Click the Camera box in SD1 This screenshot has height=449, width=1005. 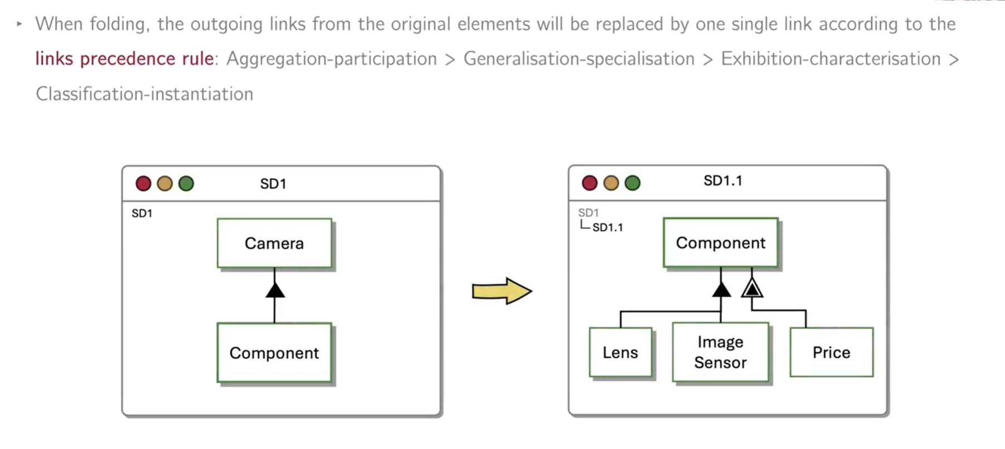tap(274, 243)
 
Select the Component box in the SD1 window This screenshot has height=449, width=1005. tap(274, 353)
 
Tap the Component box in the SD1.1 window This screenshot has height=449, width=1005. tap(720, 243)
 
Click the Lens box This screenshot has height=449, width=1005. tap(620, 352)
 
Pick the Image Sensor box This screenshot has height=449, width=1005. tap(720, 352)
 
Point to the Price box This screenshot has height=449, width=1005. tap(831, 352)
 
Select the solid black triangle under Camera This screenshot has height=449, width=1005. tap(275, 290)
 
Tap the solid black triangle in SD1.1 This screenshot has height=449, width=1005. tap(721, 289)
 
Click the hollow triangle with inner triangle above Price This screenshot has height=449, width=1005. tap(752, 288)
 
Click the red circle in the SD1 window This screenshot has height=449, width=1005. tap(143, 183)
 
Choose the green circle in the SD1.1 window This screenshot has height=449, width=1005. tap(632, 183)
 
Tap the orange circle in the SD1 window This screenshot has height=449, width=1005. tap(164, 183)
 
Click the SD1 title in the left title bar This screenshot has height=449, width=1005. tap(273, 184)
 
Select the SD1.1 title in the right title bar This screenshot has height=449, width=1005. tap(722, 180)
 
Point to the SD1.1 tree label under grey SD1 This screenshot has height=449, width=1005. tap(608, 227)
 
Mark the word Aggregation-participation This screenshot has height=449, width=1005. tap(331, 58)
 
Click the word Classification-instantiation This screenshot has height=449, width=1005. tap(144, 94)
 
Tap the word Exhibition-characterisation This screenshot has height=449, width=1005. tap(831, 58)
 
